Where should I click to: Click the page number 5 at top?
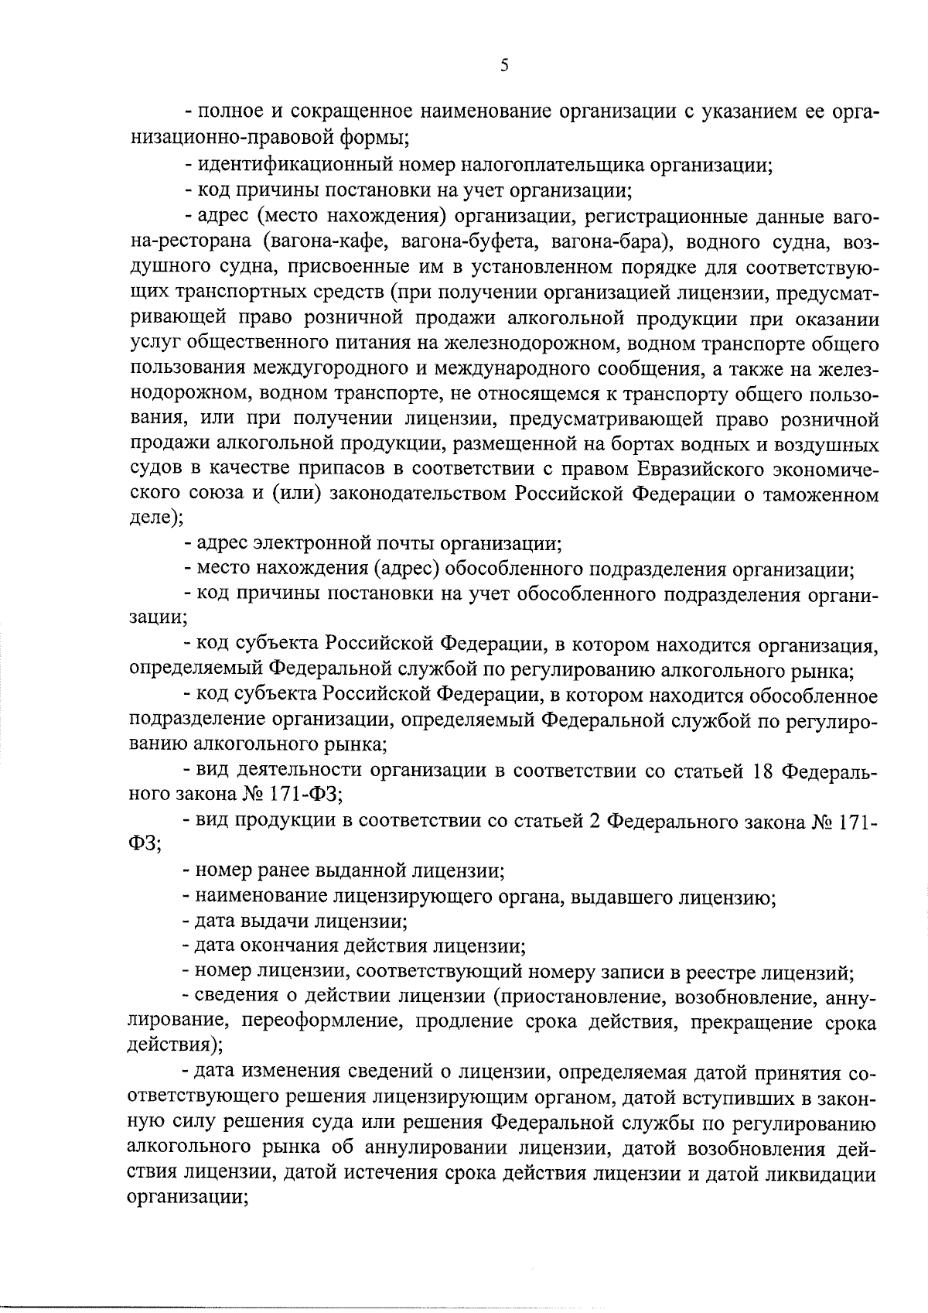[x=504, y=67]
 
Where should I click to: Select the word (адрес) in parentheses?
[x=406, y=571]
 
